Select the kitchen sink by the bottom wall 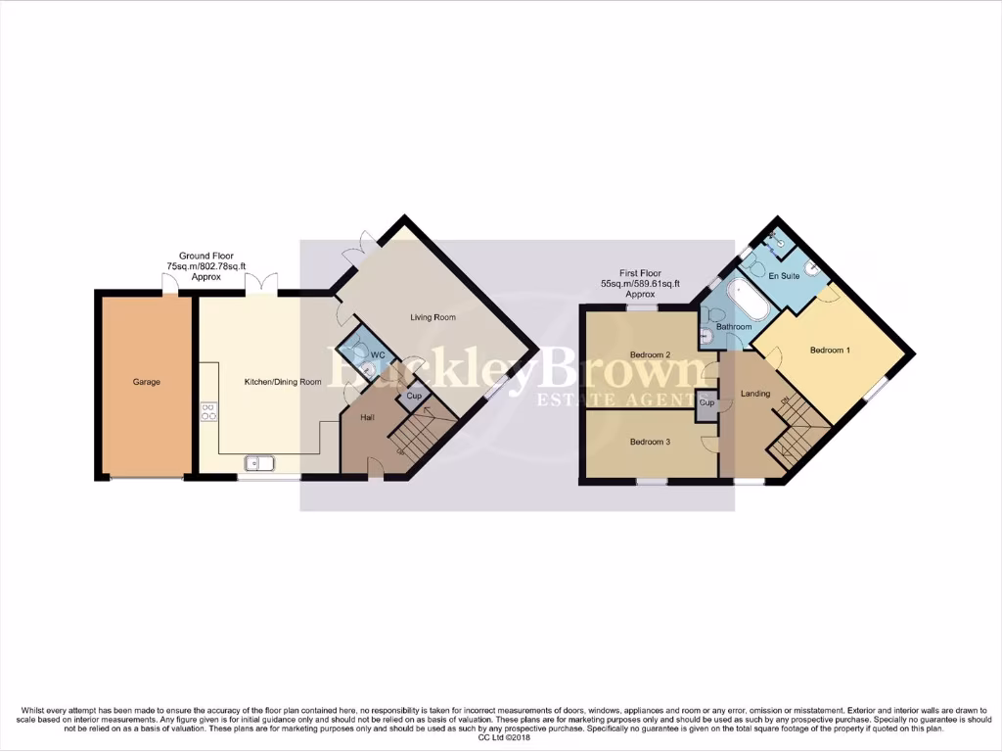[260, 464]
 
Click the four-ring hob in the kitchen [208, 411]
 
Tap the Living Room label [433, 317]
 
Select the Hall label [367, 417]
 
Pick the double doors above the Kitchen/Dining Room [261, 283]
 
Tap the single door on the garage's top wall [170, 283]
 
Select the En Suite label [784, 277]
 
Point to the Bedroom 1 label [829, 350]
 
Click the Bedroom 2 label [650, 354]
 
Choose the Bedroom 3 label [650, 442]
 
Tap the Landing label [754, 395]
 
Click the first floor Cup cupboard [706, 403]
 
